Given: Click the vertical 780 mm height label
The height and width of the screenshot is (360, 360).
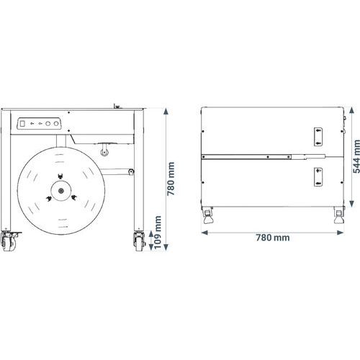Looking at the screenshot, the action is tap(171, 179).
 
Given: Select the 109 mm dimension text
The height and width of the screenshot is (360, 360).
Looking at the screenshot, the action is tap(158, 233).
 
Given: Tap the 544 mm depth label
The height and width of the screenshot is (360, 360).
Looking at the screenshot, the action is tap(356, 156).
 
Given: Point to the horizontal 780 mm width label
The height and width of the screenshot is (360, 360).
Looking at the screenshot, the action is tap(273, 238).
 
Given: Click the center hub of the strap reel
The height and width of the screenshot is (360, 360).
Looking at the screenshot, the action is tap(61, 191).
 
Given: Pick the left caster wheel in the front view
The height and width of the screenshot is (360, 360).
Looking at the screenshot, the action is tap(9, 242).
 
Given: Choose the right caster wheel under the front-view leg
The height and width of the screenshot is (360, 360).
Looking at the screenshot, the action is tap(140, 242).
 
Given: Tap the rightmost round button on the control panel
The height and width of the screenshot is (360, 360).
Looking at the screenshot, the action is tap(56, 124).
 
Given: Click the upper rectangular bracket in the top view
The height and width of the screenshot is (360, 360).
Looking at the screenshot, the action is tap(318, 137).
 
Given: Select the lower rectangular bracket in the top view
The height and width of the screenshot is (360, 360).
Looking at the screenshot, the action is tap(318, 177).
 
